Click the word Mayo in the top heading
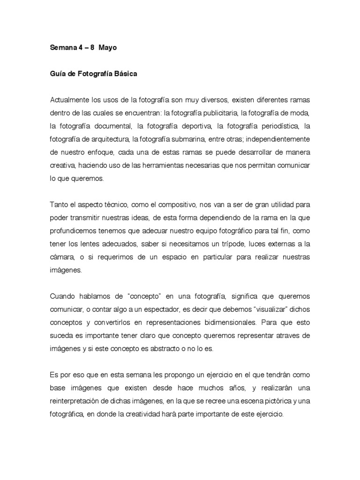point(107,48)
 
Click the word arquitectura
point(106,139)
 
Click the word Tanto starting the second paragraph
point(58,205)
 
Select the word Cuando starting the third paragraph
point(62,296)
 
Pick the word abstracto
point(164,349)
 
